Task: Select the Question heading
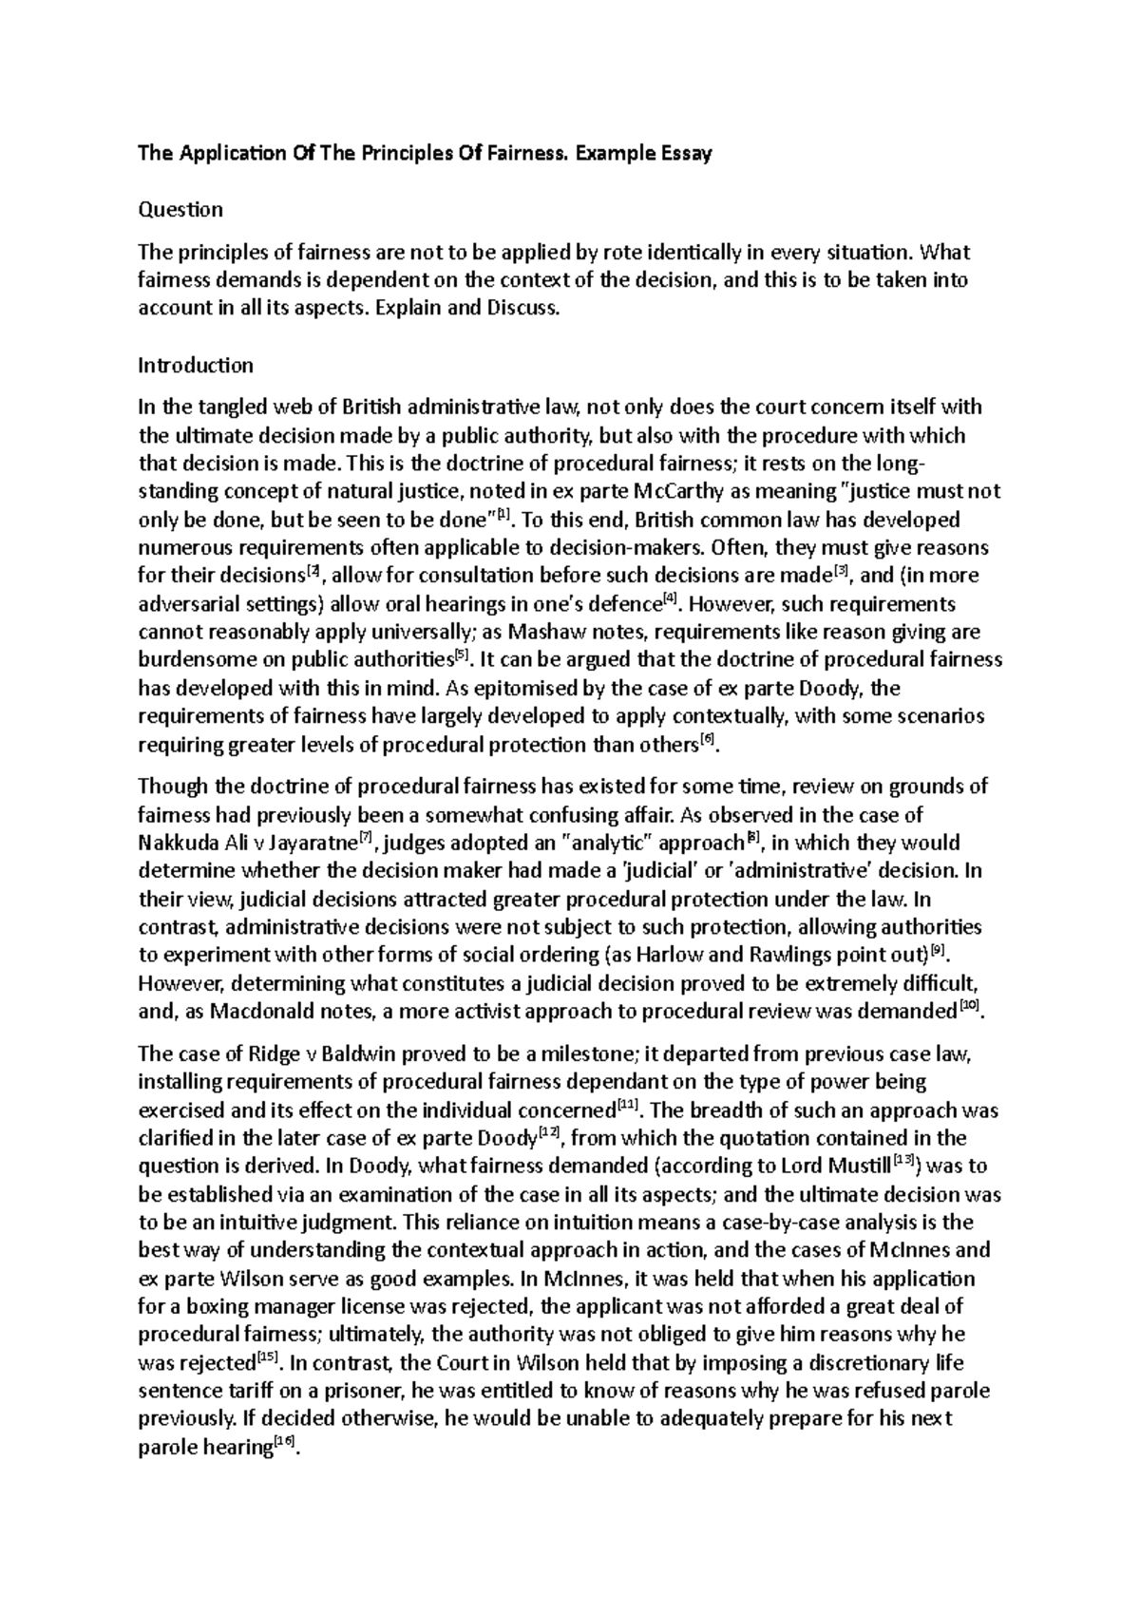180,209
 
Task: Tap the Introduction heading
196,365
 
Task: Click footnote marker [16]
283,1443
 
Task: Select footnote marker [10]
968,1007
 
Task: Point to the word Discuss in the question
518,310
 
